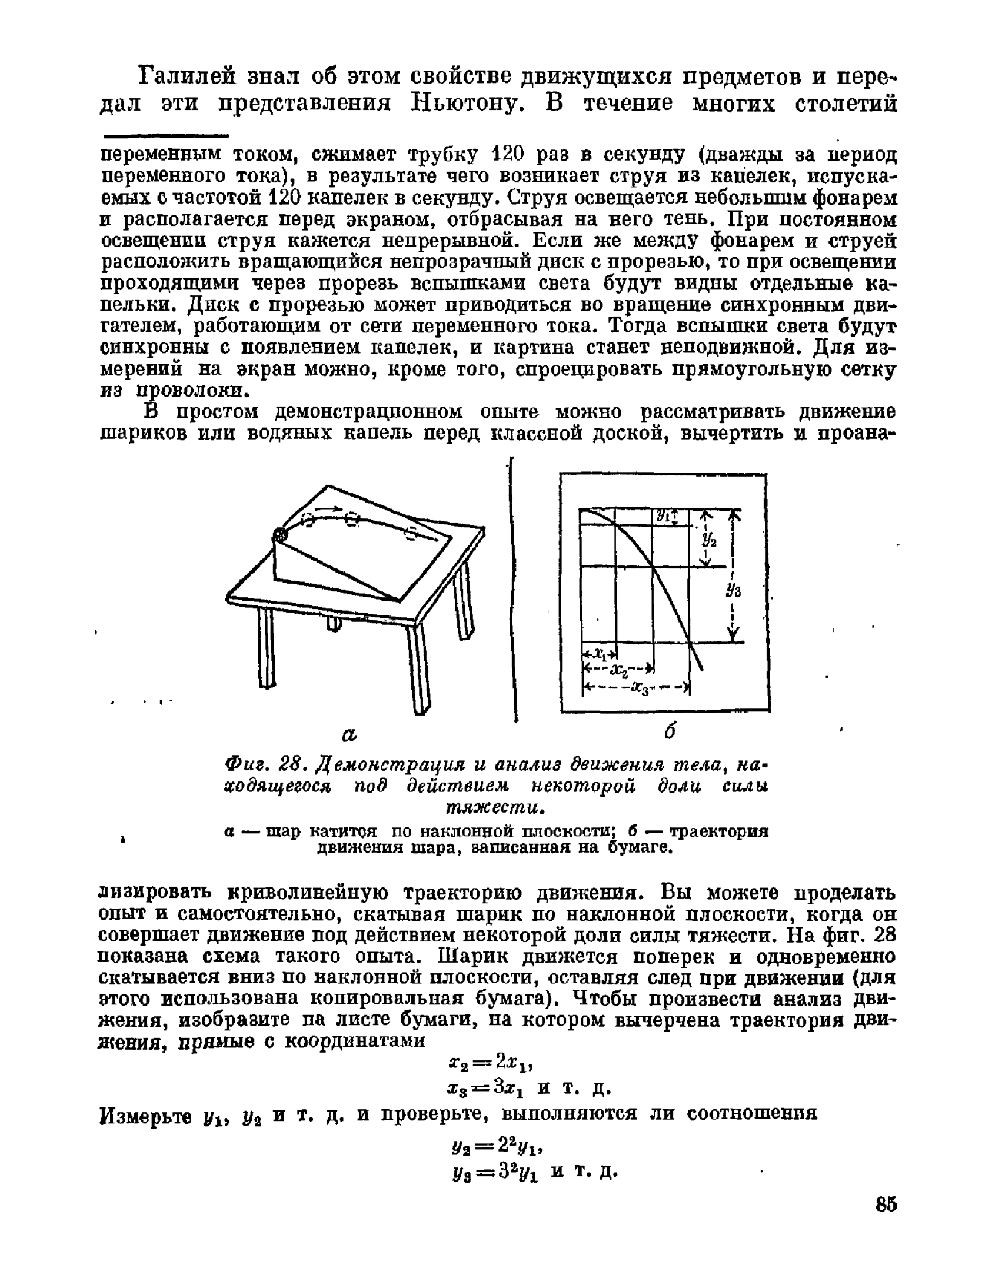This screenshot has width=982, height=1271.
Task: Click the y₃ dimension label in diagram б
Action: click(x=734, y=590)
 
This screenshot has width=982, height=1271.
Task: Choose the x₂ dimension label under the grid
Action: click(x=618, y=670)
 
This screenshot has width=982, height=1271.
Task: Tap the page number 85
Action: click(x=886, y=1204)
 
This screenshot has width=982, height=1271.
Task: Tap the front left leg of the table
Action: click(x=267, y=647)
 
